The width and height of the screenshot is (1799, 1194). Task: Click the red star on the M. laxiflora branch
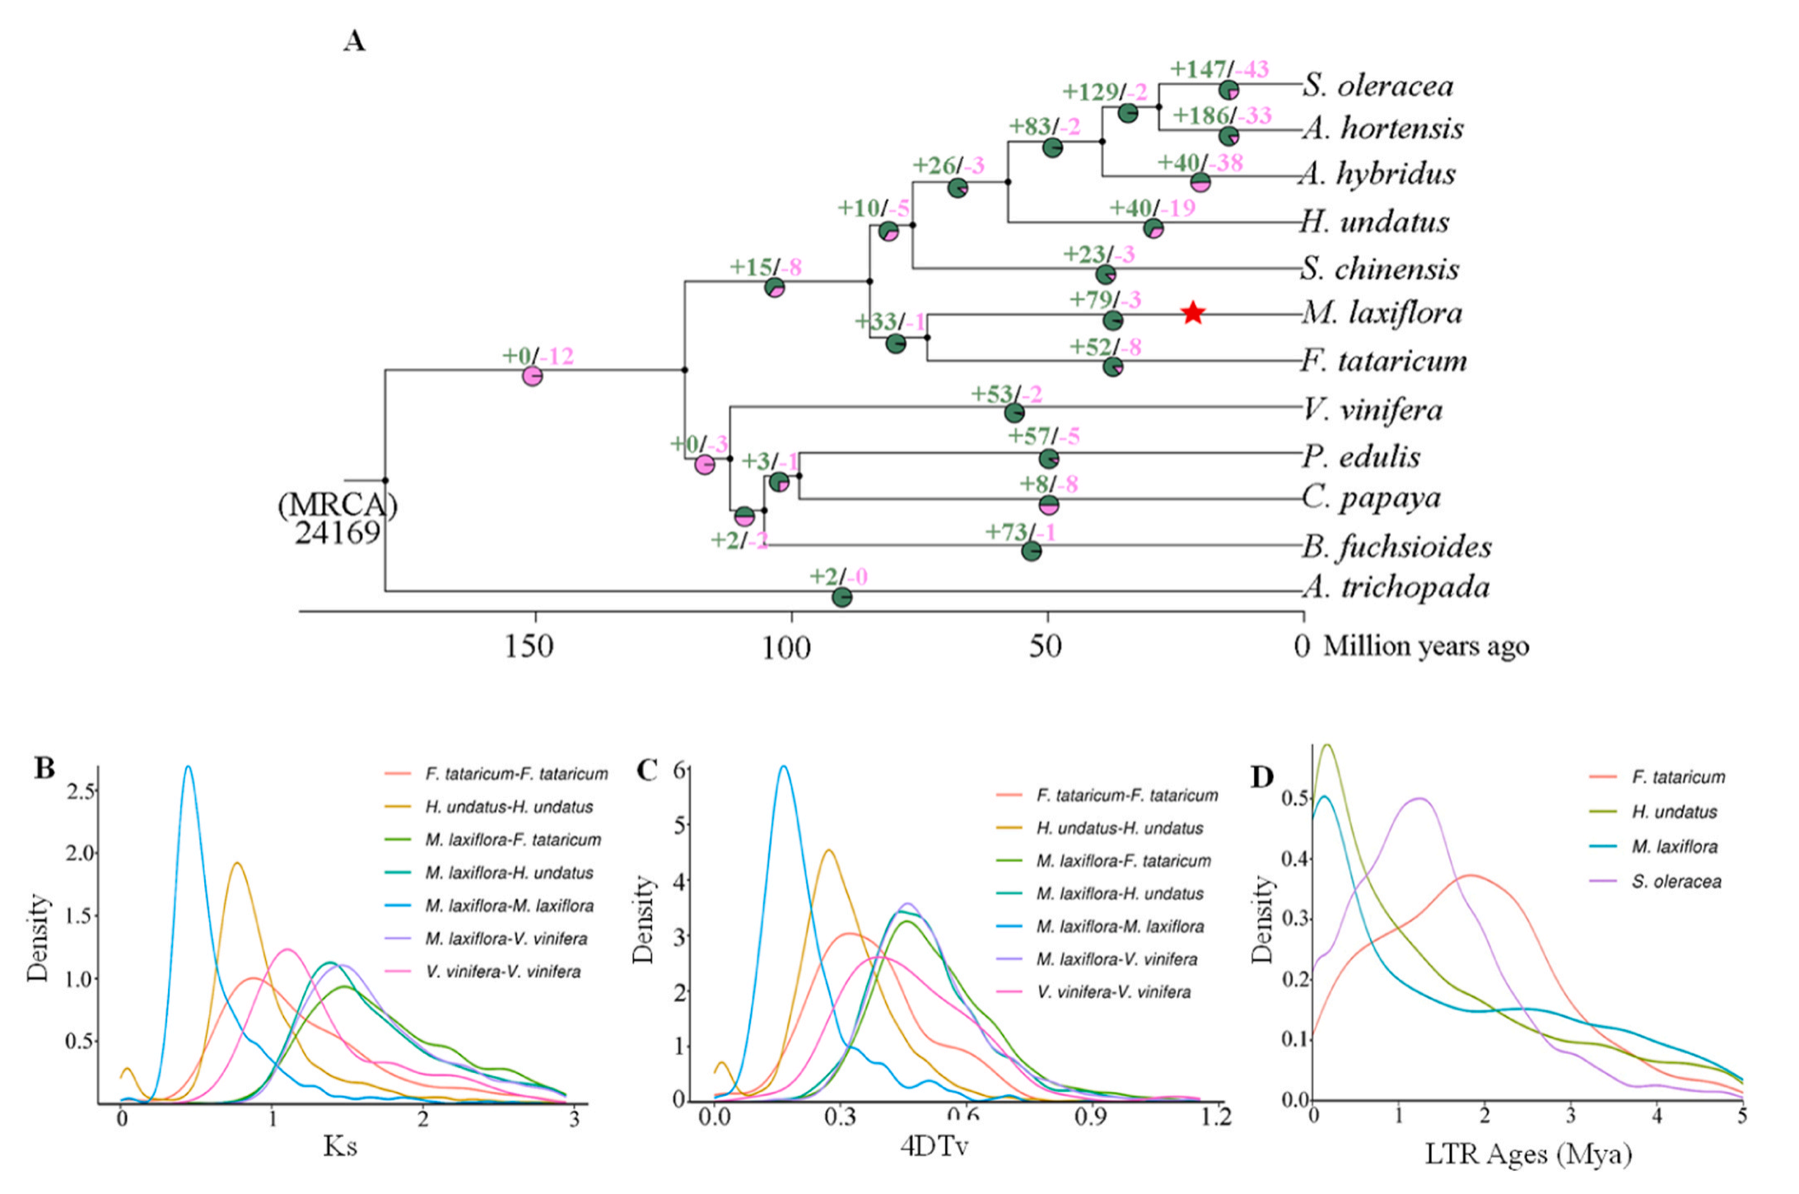coord(1193,313)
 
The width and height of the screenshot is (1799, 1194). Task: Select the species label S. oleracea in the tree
coord(1377,86)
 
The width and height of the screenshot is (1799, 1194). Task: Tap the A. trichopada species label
coord(1396,587)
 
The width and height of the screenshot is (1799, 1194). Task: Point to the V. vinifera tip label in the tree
coord(1372,409)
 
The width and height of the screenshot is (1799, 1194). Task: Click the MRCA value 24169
coord(338,533)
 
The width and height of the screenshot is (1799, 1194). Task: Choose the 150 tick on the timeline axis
coord(528,646)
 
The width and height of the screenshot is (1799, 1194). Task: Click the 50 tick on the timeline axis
coord(1044,646)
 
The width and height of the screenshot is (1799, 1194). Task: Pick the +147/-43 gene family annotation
coord(1219,69)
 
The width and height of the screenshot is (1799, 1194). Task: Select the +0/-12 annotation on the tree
coord(538,356)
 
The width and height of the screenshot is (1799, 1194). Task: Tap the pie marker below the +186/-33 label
coord(1228,136)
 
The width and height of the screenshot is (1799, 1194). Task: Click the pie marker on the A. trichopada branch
coord(841,597)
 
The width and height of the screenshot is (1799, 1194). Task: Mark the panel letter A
coord(354,40)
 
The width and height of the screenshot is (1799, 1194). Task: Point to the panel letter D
coord(1261,777)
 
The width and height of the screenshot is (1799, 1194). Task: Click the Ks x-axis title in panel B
coord(339,1146)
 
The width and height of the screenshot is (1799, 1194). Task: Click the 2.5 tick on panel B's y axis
coord(82,791)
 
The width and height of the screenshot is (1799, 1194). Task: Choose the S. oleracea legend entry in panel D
coord(1675,881)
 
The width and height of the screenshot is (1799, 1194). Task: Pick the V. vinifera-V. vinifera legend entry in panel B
coord(502,972)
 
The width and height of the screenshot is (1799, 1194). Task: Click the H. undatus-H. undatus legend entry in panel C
coord(1119,828)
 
